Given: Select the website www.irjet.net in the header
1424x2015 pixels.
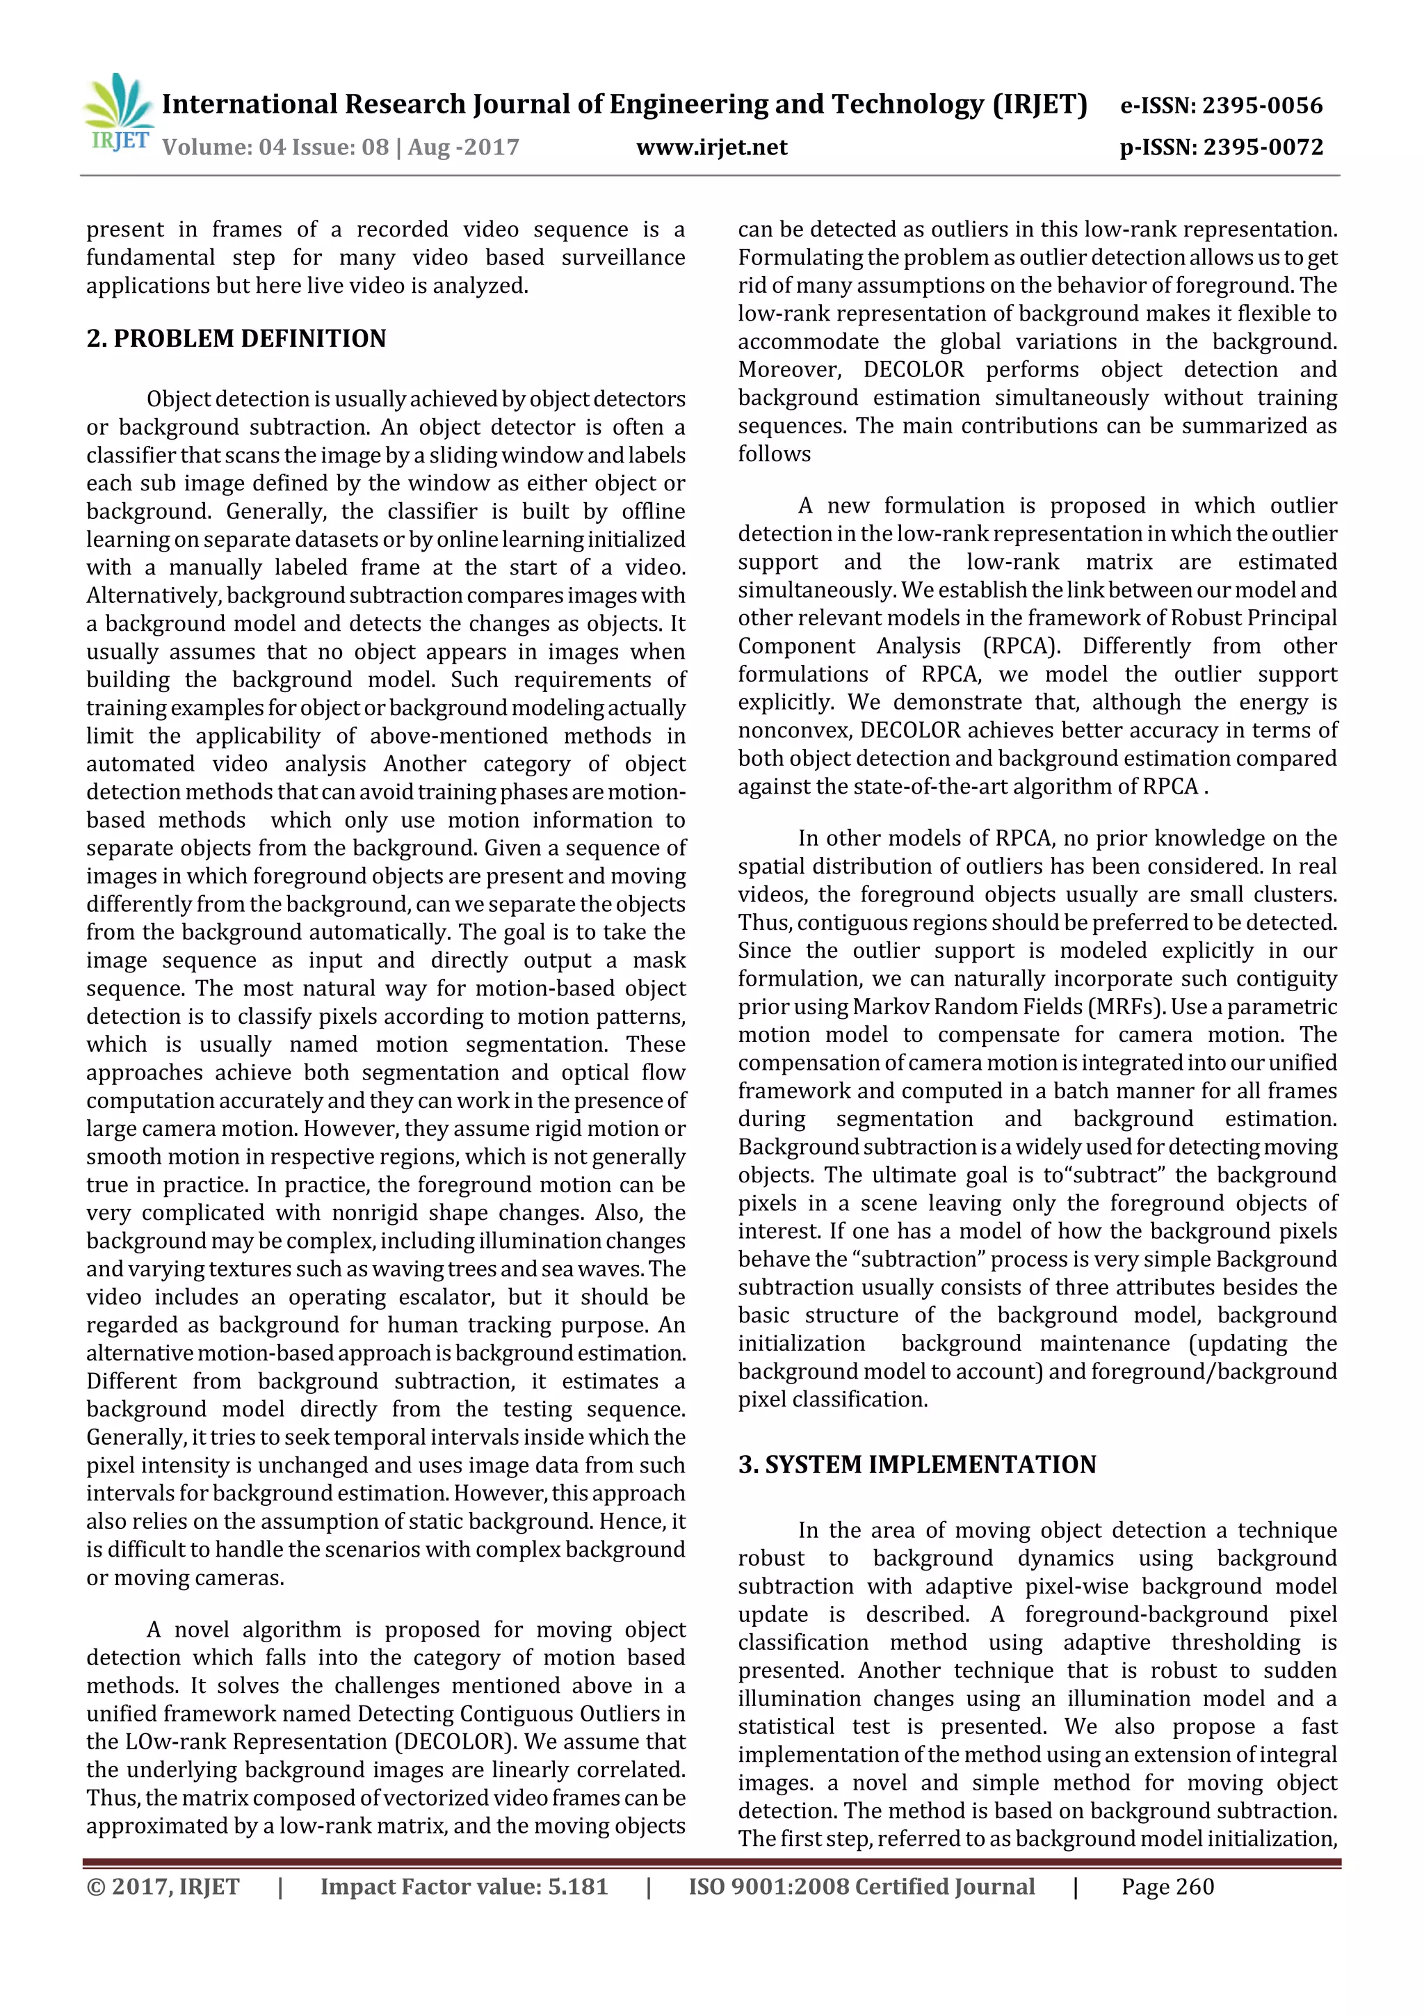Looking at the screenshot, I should click(711, 147).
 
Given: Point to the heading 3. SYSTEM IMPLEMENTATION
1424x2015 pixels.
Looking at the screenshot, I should click(917, 1465).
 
